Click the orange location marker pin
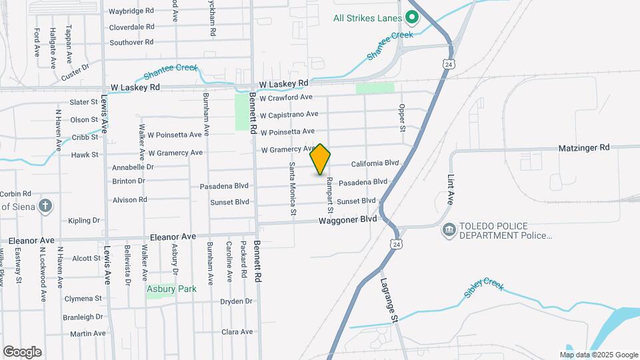[321, 159]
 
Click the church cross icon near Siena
[45, 205]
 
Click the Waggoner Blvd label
[347, 219]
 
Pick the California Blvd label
[375, 163]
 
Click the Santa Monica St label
[292, 189]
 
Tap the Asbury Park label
[172, 289]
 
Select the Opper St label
[402, 117]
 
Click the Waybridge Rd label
[131, 11]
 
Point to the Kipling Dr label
[84, 220]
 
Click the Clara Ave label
[237, 331]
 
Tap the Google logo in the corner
[22, 352]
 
